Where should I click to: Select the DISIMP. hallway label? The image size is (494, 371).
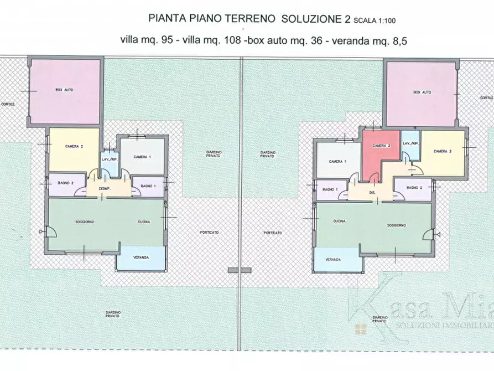(106, 189)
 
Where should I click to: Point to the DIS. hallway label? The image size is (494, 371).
(373, 193)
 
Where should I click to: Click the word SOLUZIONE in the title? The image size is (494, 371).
(312, 19)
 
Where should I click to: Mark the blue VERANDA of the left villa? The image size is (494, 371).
(141, 257)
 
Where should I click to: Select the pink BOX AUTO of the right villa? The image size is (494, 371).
(422, 93)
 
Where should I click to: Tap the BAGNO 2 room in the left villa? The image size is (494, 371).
(66, 184)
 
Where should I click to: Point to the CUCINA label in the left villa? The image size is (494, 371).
(145, 221)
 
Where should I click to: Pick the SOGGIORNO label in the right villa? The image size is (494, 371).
(397, 225)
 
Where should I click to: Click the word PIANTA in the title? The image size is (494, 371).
(166, 19)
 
